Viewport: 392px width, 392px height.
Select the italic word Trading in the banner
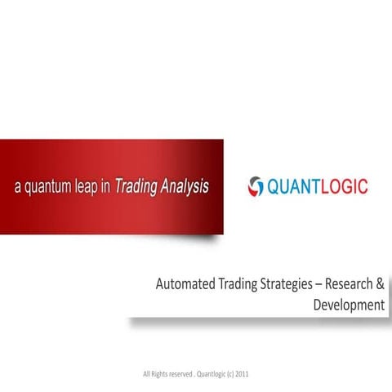pyautogui.click(x=136, y=186)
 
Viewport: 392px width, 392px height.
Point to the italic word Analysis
pyautogui.click(x=184, y=186)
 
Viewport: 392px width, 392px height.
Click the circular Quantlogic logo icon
pyautogui.click(x=256, y=187)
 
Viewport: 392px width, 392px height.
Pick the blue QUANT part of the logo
pyautogui.click(x=294, y=187)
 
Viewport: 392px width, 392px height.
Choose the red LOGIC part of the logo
pyautogui.click(x=345, y=187)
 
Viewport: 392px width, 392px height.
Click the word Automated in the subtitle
pyautogui.click(x=185, y=285)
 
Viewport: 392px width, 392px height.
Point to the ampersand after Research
pyautogui.click(x=380, y=285)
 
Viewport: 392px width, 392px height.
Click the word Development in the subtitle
pyautogui.click(x=348, y=305)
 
